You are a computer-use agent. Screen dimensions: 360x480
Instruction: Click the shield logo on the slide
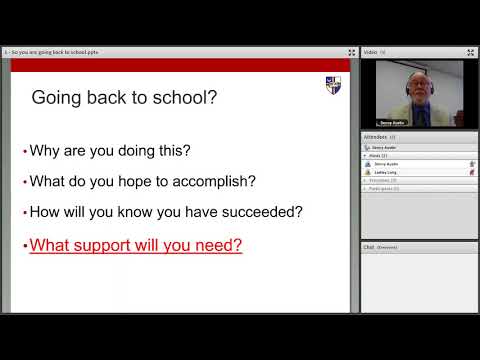pos(332,85)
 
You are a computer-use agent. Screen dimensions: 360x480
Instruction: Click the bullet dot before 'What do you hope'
pos(24,183)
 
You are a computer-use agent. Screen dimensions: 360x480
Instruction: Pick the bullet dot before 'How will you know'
pos(24,213)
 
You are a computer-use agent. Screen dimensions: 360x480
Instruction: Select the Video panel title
pos(370,51)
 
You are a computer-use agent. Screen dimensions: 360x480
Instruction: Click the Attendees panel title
pos(376,136)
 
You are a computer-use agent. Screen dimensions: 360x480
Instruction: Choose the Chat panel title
pos(368,246)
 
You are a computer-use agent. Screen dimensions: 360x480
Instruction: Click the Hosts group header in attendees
pos(377,155)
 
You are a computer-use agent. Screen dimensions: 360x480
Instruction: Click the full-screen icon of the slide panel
pos(351,51)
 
